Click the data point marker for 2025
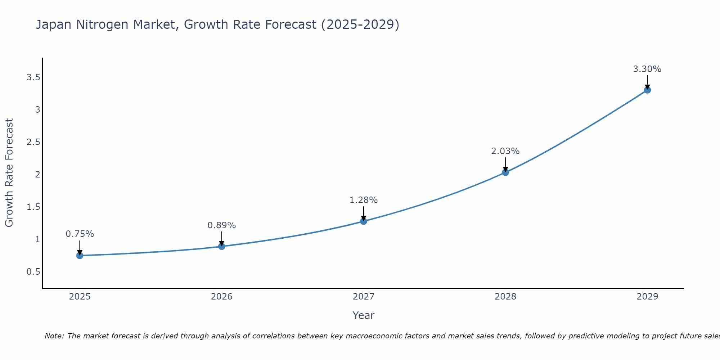click(80, 256)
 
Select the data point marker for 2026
click(222, 247)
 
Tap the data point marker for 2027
click(364, 221)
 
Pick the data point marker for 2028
click(505, 172)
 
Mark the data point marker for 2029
click(647, 90)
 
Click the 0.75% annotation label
click(80, 234)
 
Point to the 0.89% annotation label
click(222, 225)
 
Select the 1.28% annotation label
click(364, 200)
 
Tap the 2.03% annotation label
click(505, 151)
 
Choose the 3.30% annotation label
click(647, 69)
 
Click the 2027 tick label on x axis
click(364, 297)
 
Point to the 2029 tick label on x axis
click(647, 297)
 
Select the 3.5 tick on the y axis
click(33, 77)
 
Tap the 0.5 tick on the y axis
click(33, 271)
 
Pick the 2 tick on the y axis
click(37, 175)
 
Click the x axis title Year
click(364, 315)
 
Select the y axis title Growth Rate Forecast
click(9, 173)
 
